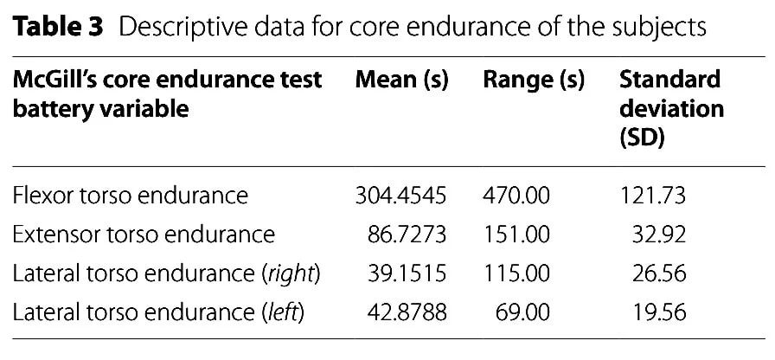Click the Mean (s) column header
401,80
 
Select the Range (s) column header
534,80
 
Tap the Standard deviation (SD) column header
671,109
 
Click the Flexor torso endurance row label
131,196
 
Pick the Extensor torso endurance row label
144,235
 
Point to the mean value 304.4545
400,196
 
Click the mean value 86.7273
407,235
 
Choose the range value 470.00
516,196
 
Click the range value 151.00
516,235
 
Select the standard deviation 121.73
652,196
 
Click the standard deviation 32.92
659,235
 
